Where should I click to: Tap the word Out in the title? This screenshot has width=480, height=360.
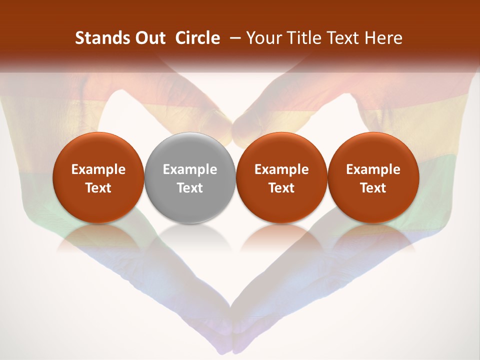point(148,38)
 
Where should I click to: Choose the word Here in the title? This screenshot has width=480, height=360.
point(383,38)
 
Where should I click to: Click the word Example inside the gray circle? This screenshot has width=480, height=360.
point(190,169)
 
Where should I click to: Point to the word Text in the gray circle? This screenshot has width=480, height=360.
point(190,188)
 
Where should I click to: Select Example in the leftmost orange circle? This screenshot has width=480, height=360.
point(98,169)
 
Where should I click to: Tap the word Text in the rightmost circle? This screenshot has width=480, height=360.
point(373,188)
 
